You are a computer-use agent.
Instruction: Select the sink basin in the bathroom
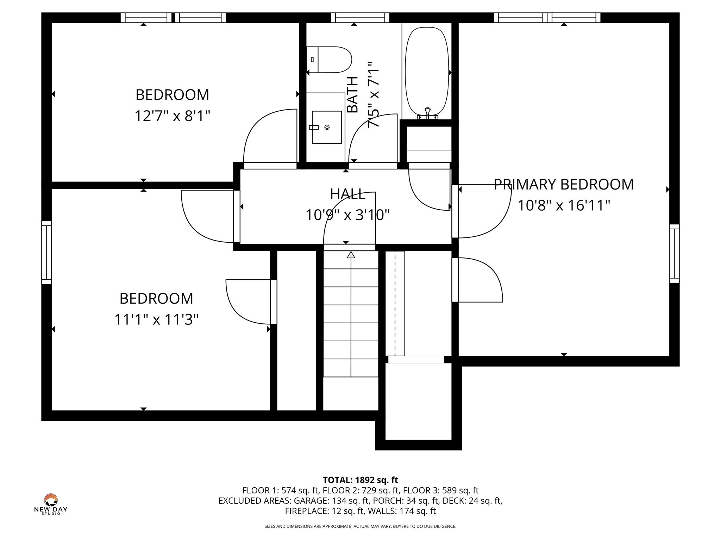(x=327, y=127)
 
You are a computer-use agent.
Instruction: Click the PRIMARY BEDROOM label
(x=563, y=185)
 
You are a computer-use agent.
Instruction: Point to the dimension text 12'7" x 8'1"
(x=172, y=116)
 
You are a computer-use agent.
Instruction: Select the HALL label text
(x=347, y=194)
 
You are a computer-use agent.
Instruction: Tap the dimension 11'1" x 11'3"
(x=156, y=319)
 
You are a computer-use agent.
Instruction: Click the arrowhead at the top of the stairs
(x=351, y=255)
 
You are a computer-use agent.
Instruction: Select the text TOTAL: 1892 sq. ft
(x=360, y=480)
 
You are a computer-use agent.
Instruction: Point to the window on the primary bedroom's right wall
(x=674, y=254)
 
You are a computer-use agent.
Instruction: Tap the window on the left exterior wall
(x=46, y=252)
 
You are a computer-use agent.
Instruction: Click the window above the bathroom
(x=360, y=18)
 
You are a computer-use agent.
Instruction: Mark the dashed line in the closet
(x=395, y=303)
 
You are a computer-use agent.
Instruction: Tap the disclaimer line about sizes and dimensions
(x=360, y=526)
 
